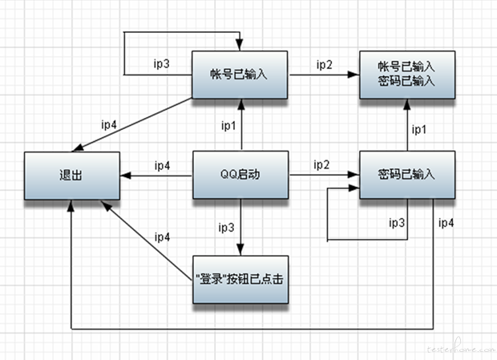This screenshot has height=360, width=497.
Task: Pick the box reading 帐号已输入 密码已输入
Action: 406,75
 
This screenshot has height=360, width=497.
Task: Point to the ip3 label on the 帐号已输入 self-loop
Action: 161,63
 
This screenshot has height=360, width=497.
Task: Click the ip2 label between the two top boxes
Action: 323,64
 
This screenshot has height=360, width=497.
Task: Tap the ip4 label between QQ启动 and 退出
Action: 162,166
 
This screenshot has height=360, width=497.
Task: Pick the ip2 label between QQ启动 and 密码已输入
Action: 321,164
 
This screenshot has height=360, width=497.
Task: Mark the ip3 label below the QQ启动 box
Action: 227,226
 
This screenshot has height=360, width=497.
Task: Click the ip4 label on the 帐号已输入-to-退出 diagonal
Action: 109,124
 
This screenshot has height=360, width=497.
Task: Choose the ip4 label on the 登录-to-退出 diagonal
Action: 162,237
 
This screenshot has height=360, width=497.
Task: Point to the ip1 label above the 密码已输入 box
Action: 419,128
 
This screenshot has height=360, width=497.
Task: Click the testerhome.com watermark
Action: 458,348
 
